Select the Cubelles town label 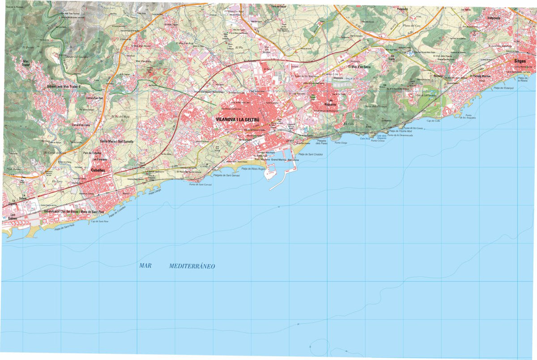click(98, 171)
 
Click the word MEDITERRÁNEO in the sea click(192, 266)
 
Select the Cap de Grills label click(434, 121)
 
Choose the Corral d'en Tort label click(94, 98)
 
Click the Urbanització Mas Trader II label click(66, 86)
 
